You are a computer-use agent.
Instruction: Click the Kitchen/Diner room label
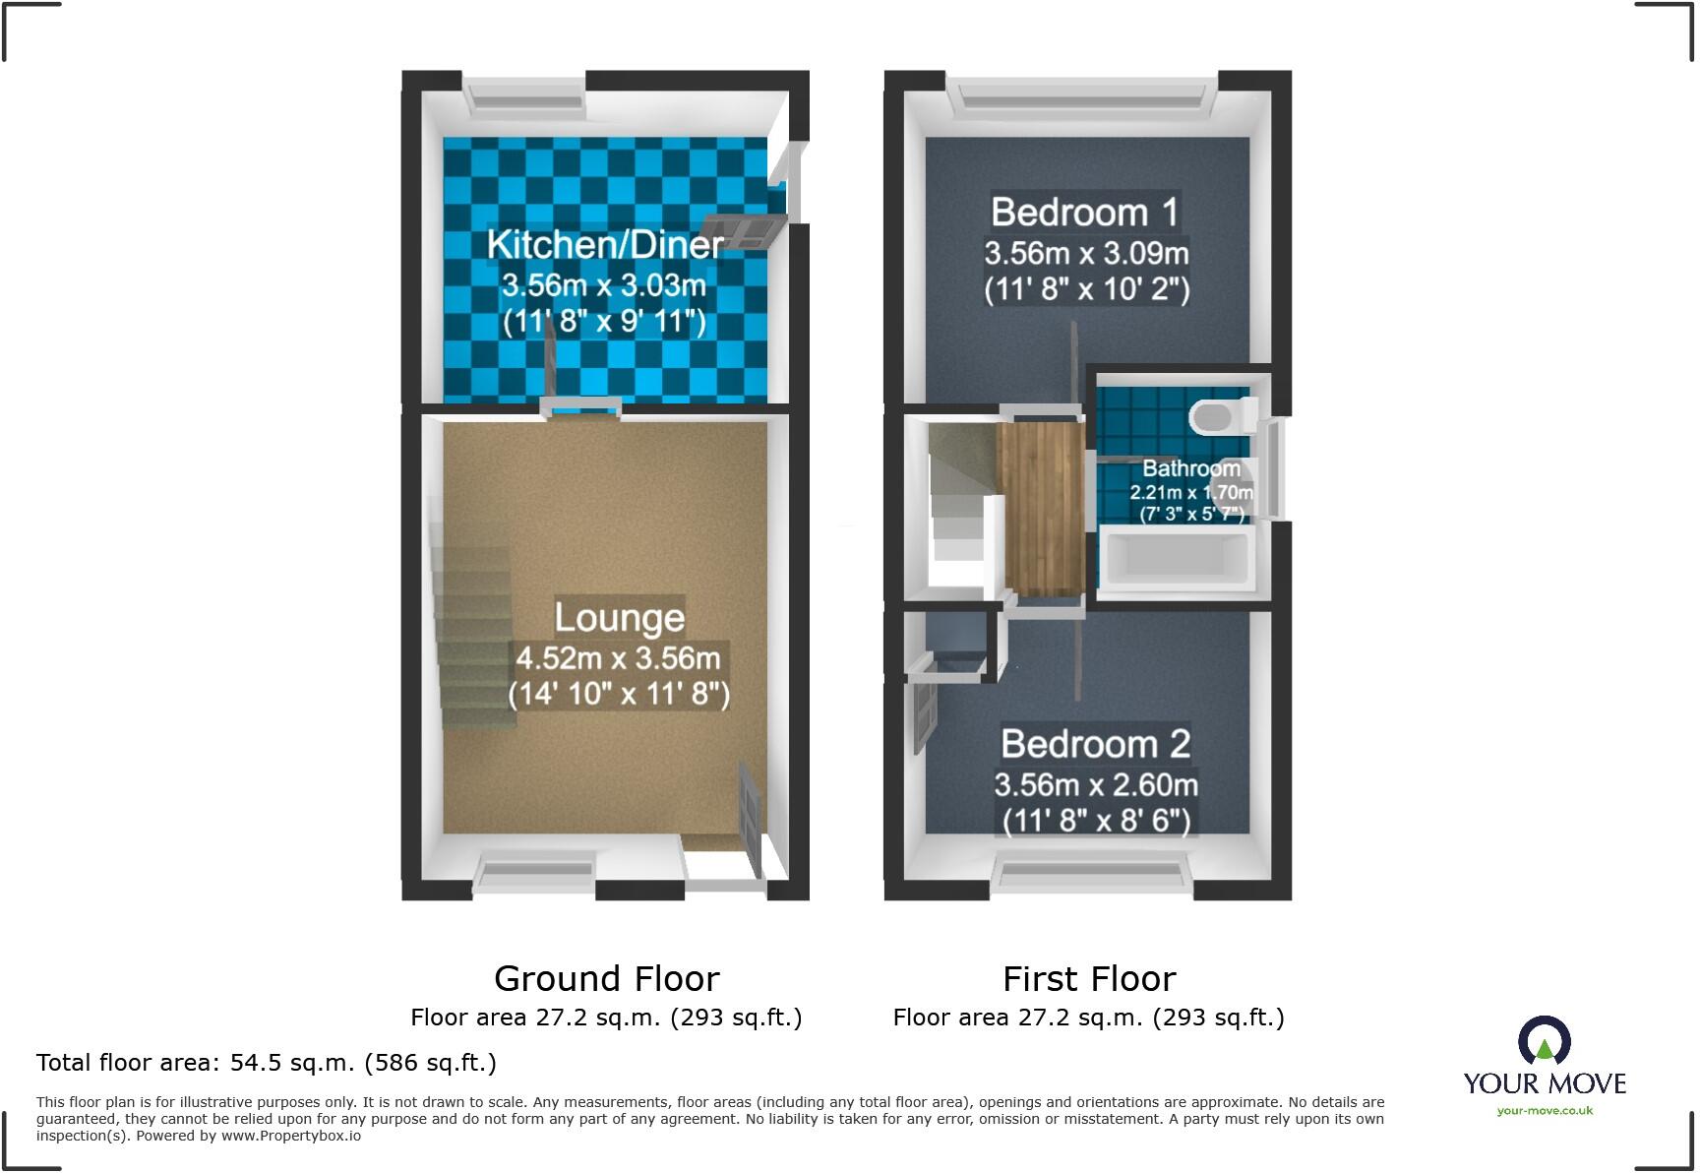coord(605,244)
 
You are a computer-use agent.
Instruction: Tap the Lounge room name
coord(619,617)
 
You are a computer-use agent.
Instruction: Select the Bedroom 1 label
coord(1084,212)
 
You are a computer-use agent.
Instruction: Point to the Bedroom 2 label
coord(1095,743)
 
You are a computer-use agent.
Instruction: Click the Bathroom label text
coord(1190,468)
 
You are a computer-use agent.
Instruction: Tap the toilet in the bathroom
coord(1221,417)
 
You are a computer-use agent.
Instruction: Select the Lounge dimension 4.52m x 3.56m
coord(618,657)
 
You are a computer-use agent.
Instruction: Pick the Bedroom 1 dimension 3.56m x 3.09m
coord(1086,253)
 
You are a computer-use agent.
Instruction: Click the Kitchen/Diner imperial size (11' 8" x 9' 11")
coord(604,322)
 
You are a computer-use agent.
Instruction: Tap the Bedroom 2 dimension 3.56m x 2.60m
coord(1095,784)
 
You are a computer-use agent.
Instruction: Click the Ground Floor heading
coord(606,979)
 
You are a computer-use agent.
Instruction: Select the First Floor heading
coord(1088,979)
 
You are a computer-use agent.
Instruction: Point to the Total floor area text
coord(266,1063)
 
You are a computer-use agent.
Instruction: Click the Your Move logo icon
coord(1544,1041)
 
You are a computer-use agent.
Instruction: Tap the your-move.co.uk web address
coord(1545,1111)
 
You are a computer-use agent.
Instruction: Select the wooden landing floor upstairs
coord(1040,507)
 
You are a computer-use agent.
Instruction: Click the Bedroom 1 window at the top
coord(1081,95)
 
